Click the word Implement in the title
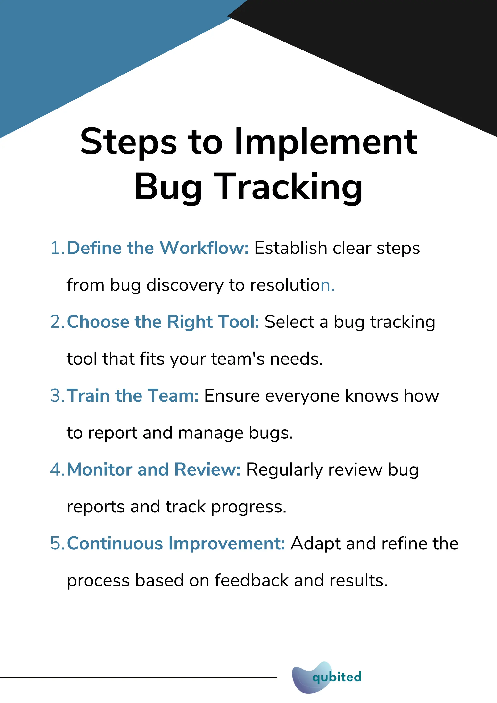[326, 142]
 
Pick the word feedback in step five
[251, 580]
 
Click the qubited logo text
[337, 677]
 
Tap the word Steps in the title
[129, 142]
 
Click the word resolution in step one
[292, 285]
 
